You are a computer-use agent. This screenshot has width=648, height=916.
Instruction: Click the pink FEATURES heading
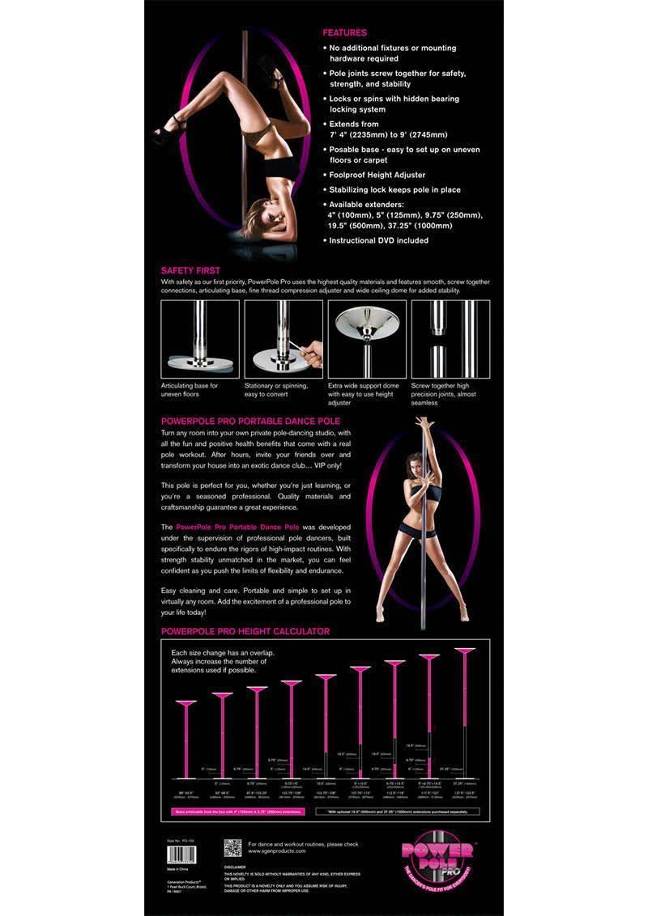coord(344,33)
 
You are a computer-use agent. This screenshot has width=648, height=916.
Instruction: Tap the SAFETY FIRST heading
coord(190,270)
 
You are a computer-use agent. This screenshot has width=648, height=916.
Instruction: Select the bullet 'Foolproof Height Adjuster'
coord(377,175)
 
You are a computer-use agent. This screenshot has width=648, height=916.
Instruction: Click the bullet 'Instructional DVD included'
coord(379,240)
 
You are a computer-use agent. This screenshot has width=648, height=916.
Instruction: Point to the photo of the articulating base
coord(200,338)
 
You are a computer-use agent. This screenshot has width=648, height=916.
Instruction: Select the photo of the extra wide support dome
coord(367,338)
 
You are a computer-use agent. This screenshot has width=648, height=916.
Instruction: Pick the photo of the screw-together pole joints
coord(450,338)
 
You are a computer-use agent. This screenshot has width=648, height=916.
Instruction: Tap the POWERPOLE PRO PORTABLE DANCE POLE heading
coord(250,421)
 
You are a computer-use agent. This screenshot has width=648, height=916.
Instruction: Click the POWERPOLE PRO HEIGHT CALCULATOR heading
coord(245,631)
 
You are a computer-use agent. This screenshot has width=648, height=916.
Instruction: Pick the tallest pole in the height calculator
coord(463,712)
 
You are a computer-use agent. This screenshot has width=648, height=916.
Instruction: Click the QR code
coord(232,848)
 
